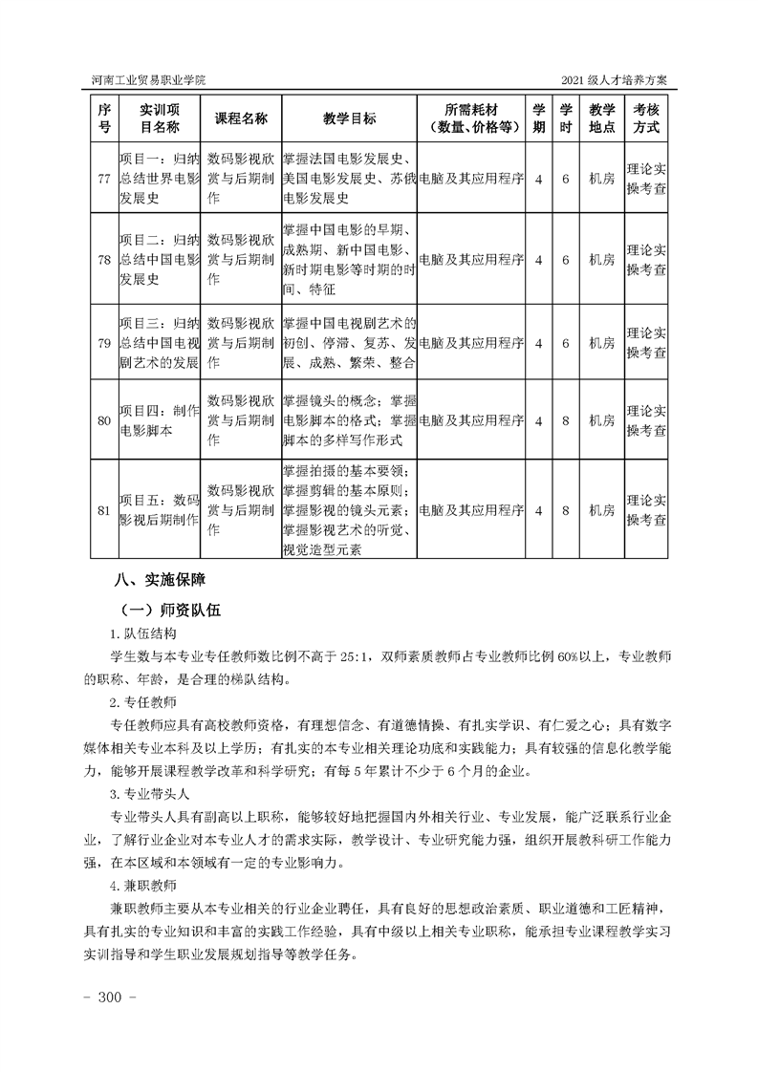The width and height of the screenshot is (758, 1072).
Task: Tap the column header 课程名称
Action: tap(241, 118)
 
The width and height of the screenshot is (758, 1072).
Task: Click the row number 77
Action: tap(104, 179)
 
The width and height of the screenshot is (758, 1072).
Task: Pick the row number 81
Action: tap(104, 510)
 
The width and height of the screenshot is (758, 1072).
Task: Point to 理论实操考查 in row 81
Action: tap(647, 509)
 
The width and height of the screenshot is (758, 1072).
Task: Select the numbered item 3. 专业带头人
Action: tap(149, 794)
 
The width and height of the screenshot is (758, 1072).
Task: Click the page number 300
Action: tap(113, 997)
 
